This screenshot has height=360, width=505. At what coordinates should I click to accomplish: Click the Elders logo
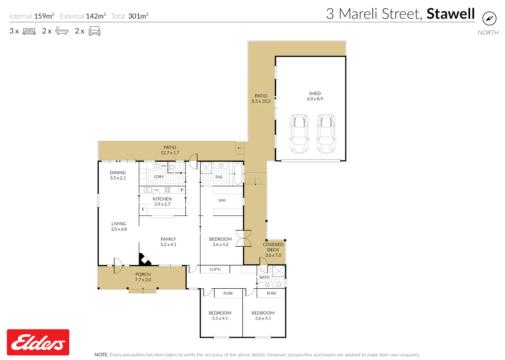coord(38,342)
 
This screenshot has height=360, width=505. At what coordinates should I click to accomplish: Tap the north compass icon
coord(489,19)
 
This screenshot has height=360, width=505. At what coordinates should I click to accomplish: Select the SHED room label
coord(315,93)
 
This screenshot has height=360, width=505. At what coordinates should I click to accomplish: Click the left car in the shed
coord(299,134)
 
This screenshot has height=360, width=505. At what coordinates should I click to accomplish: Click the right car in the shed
coord(326,134)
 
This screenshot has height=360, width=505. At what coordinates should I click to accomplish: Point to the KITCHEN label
coord(162,199)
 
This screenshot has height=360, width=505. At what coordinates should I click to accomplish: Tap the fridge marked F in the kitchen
coord(143,209)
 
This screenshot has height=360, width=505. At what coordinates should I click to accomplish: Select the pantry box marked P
coord(182,190)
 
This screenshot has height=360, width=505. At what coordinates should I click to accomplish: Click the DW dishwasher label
coord(156,190)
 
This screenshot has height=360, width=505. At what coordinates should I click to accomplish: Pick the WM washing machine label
coord(164,166)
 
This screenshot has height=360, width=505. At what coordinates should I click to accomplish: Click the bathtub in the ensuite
coord(238,174)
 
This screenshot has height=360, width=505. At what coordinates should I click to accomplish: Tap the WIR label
coord(222,200)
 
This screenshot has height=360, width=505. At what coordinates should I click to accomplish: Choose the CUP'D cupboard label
coord(215,269)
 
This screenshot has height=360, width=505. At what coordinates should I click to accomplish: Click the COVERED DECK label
coord(273,247)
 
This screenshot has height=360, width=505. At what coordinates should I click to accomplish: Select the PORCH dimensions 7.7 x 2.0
coord(143,280)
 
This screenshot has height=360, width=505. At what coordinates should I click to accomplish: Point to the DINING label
coord(118,173)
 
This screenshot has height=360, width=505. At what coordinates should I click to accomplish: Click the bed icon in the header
coord(29,31)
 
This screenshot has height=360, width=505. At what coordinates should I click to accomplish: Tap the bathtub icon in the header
coord(62,31)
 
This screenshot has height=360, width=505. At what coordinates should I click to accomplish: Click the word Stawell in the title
coord(451,14)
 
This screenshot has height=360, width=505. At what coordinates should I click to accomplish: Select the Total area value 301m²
coord(138,16)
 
